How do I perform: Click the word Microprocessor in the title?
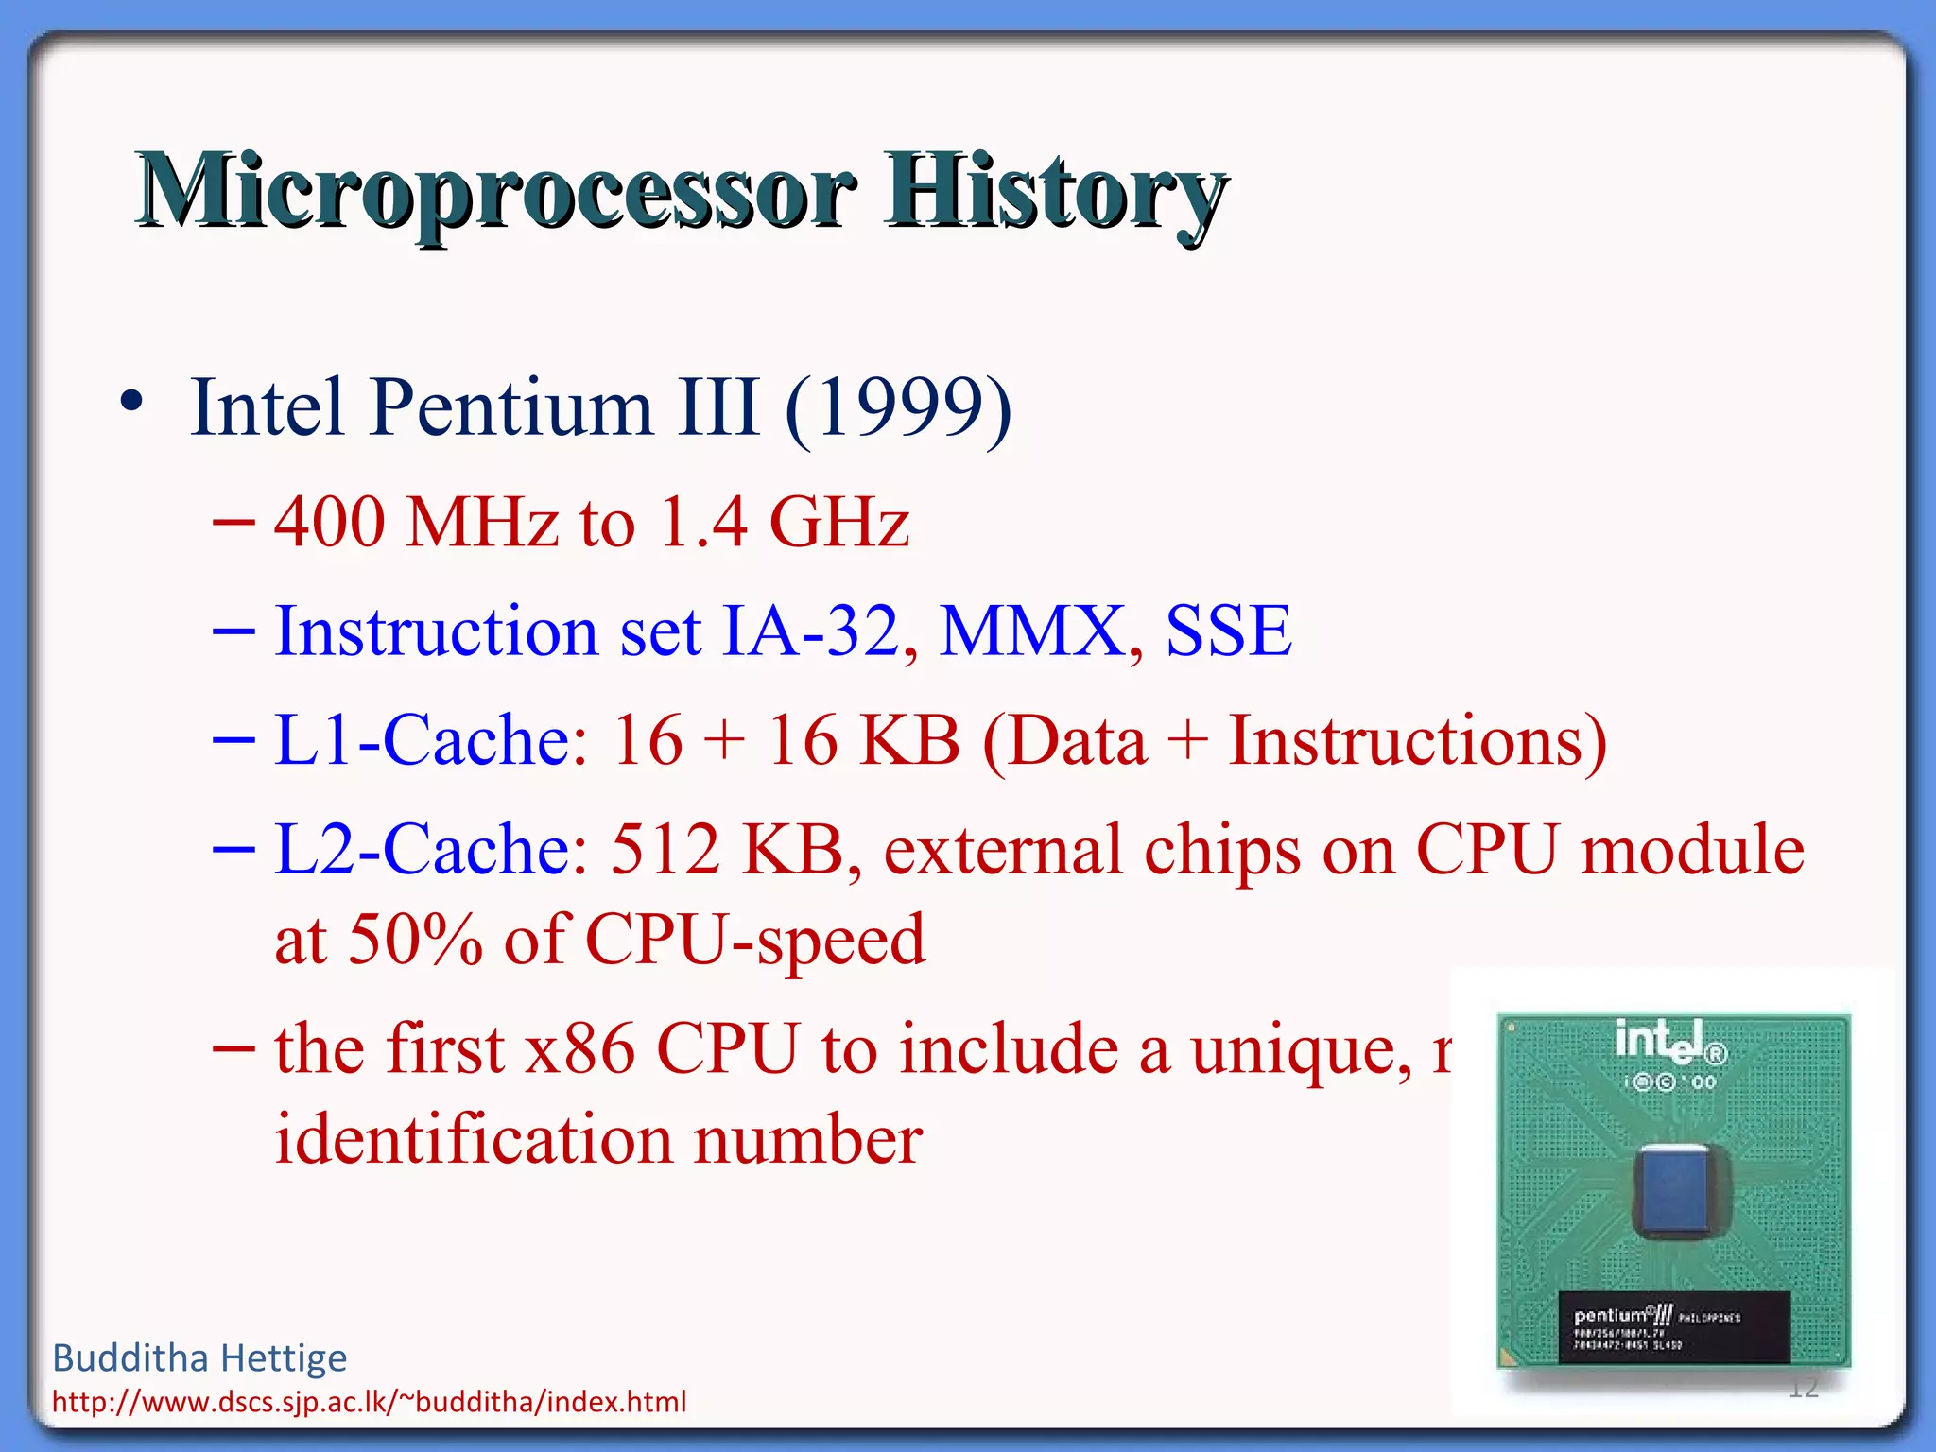click(x=496, y=194)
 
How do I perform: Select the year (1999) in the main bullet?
click(x=898, y=408)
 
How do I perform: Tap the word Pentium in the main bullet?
click(x=511, y=408)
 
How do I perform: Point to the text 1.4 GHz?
click(x=784, y=522)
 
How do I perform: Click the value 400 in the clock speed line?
click(x=330, y=522)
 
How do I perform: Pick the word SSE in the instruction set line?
click(x=1228, y=631)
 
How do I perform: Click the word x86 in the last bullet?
click(x=579, y=1049)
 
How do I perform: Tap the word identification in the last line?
click(x=473, y=1140)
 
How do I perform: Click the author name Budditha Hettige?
click(x=199, y=1358)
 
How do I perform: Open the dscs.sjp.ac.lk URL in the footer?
click(x=369, y=1402)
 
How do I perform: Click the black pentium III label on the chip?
click(x=1673, y=1326)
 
